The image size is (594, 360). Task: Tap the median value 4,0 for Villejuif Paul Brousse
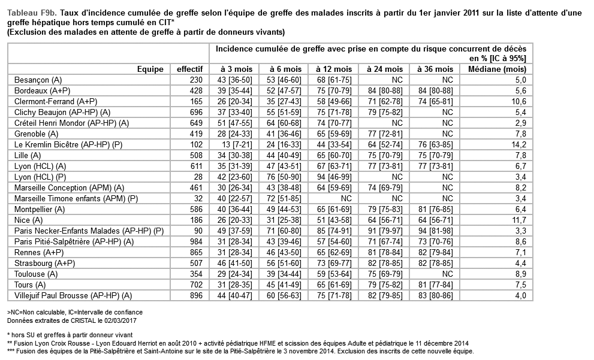tap(520, 295)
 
